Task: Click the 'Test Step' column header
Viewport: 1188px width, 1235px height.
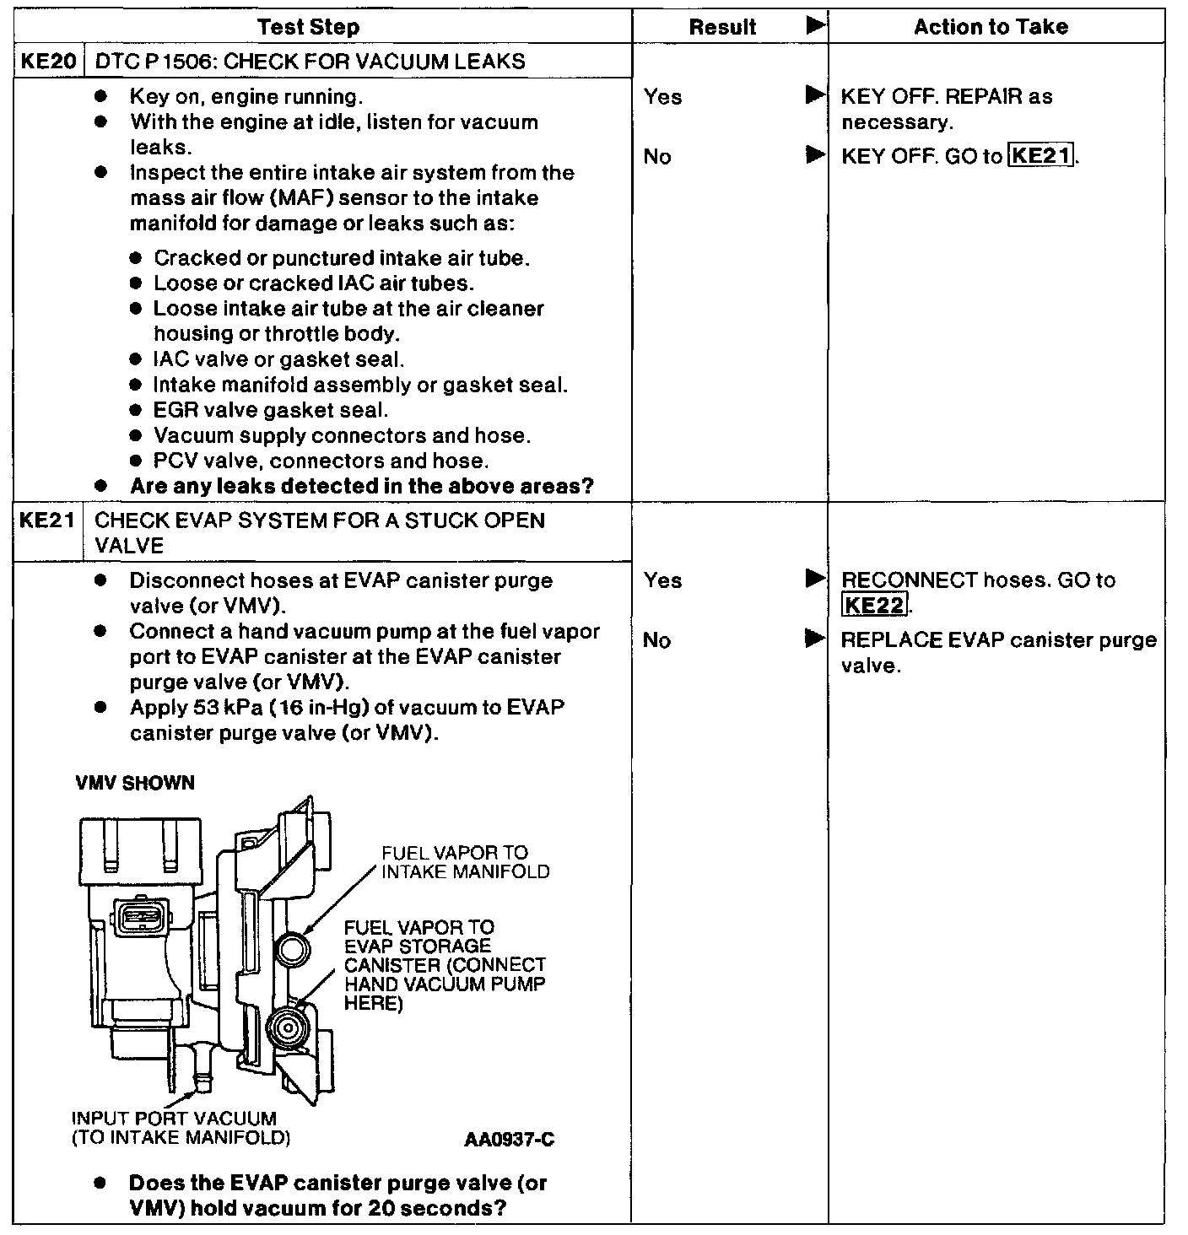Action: point(308,27)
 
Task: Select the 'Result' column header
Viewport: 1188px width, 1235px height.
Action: point(722,27)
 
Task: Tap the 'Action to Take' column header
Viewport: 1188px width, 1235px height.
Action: point(991,27)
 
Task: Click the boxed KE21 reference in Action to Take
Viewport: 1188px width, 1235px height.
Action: point(1041,156)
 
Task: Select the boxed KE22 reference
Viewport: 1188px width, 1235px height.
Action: point(874,605)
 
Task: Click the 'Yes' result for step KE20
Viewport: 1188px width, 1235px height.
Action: point(663,97)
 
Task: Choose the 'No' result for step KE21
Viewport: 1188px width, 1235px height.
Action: point(656,640)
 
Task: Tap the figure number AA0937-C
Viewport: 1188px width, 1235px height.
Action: point(509,1140)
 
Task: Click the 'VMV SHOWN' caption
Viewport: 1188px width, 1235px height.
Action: point(135,783)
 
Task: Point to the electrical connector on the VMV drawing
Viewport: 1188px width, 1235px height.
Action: point(140,916)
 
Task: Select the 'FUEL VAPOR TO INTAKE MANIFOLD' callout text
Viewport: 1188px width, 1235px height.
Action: point(465,862)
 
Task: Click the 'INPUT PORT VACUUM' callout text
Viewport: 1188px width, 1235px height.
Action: point(174,1119)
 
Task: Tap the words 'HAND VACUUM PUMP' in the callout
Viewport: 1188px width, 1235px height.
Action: point(445,984)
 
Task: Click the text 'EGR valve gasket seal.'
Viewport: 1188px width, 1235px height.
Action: point(271,411)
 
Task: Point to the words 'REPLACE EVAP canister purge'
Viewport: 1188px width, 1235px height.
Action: point(998,640)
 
